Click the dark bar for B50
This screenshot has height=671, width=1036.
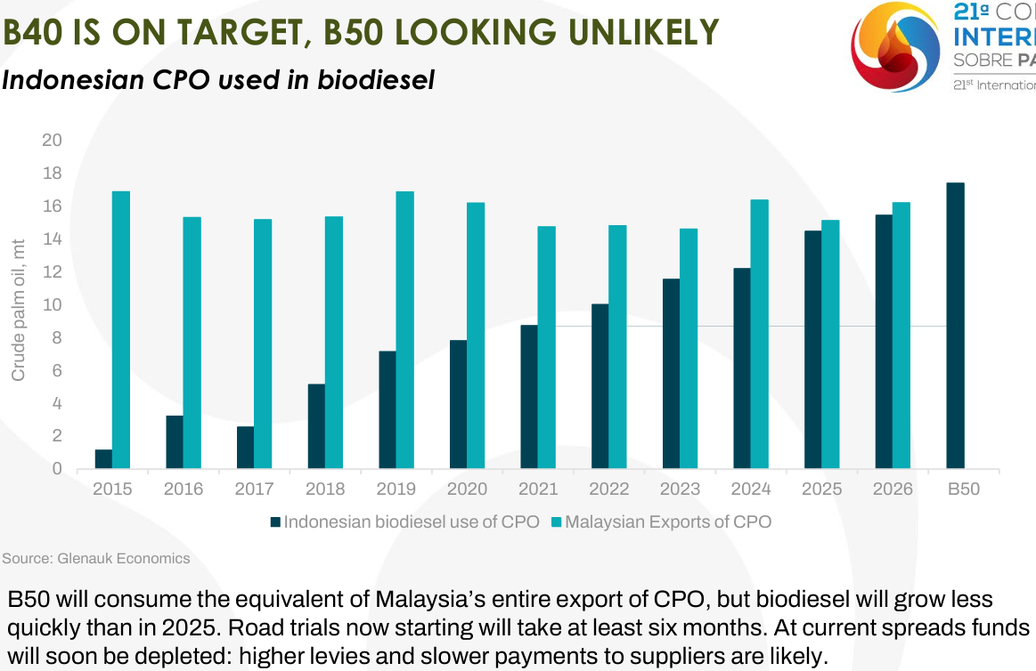[x=955, y=326]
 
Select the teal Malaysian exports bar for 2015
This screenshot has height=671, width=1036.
[x=121, y=329]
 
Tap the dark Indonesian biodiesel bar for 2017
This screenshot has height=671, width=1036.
[x=245, y=447]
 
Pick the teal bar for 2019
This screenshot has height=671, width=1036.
[x=404, y=329]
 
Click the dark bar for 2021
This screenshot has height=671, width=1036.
[x=528, y=397]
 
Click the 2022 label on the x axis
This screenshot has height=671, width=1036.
[x=609, y=489]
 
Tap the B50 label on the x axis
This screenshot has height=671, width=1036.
[x=963, y=489]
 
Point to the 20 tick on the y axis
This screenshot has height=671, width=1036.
[x=53, y=141]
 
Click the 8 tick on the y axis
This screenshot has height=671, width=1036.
[x=57, y=338]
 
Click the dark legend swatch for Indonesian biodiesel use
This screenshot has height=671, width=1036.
[x=275, y=521]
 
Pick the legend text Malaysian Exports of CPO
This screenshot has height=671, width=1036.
[x=667, y=521]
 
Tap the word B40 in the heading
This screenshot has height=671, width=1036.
[x=36, y=33]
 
